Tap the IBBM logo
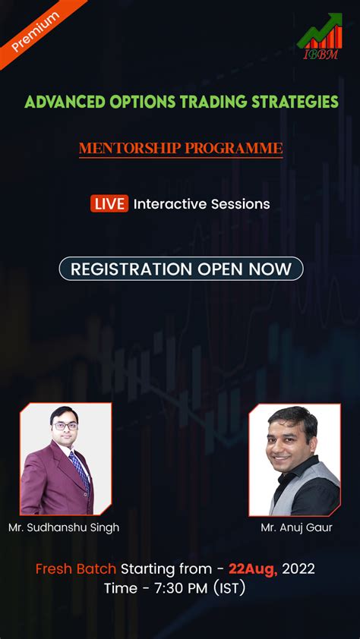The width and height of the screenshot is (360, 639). point(320,36)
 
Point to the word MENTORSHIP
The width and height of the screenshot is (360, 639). point(130,148)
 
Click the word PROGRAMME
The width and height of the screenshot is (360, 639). point(234,148)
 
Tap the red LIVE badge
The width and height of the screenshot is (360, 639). point(109,203)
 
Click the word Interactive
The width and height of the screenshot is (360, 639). point(170,203)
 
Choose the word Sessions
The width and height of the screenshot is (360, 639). point(240,203)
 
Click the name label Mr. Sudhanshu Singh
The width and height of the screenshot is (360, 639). point(64,527)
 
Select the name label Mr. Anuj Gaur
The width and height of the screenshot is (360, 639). point(296,527)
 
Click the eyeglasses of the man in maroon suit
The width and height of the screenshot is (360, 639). point(65,427)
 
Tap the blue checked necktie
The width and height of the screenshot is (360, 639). point(80,470)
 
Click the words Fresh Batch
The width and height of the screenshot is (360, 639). point(76,568)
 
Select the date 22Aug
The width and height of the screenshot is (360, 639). point(253,569)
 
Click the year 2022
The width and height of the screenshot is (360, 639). point(298,568)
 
